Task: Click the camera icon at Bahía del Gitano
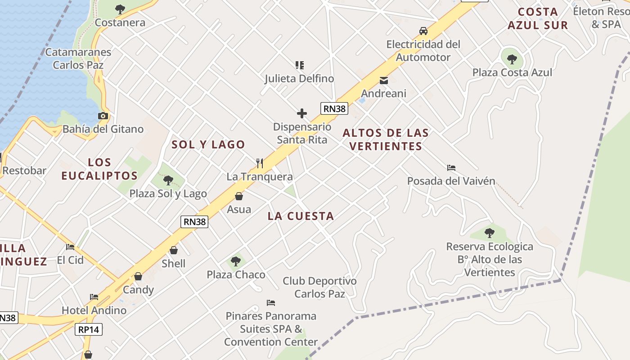pos(103,116)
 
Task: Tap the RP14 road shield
pos(89,329)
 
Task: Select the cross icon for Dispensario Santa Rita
pos(302,113)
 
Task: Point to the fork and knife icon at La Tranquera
pos(260,163)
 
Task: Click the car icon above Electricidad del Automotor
pos(423,31)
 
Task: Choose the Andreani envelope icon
pos(384,81)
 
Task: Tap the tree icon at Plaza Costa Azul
pos(512,59)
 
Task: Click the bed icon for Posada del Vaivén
pos(451,168)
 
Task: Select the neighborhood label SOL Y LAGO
pos(208,144)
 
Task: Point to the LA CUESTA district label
pos(301,216)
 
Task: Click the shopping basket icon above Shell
pos(174,250)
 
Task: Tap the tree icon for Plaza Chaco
pos(236,261)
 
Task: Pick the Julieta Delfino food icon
pos(300,65)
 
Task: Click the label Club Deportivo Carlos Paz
pos(319,288)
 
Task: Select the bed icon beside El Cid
pos(70,247)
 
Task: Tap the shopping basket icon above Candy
pos(138,276)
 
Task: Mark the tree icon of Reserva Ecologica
pos(489,233)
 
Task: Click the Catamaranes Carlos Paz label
pos(78,58)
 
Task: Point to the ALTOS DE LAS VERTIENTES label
pos(386,139)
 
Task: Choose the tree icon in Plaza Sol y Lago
pos(168,180)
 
